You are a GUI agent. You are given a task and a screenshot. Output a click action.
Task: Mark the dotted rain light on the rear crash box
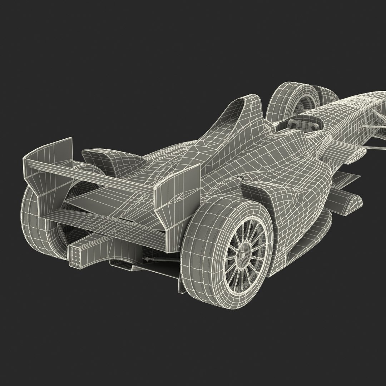click(x=76, y=256)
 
